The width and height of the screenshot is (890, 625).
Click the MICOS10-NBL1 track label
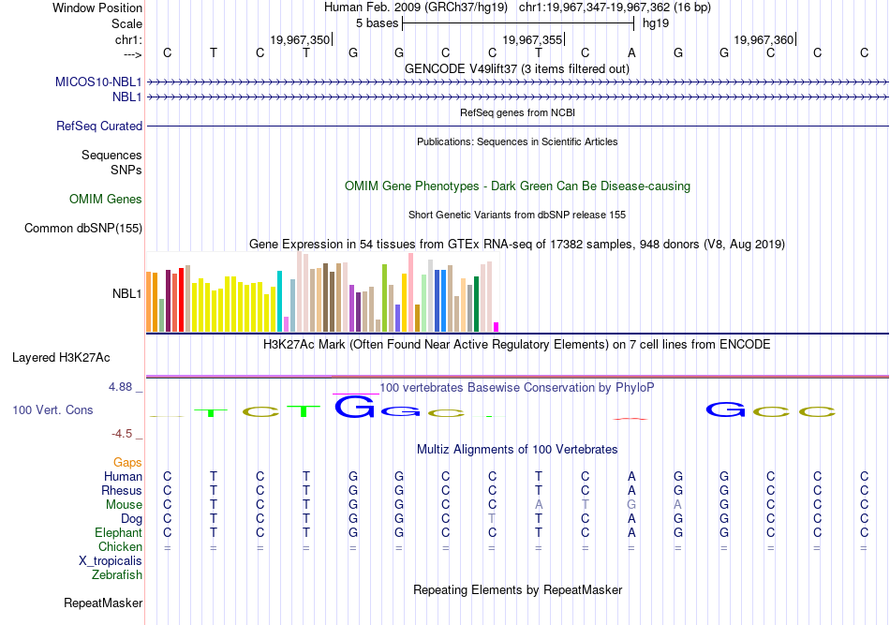click(98, 82)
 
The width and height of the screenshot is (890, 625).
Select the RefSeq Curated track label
click(99, 126)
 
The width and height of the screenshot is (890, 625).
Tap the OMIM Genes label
click(106, 199)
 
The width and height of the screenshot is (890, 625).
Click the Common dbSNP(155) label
click(83, 228)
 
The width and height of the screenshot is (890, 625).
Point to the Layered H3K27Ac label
click(61, 357)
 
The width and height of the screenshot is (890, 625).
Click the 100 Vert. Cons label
click(52, 409)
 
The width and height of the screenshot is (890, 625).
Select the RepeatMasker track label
click(102, 603)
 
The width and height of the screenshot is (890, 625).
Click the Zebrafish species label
click(117, 574)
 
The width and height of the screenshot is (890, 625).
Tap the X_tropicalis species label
click(111, 560)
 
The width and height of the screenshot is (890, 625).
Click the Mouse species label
click(124, 504)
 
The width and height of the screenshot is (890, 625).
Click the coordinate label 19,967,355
click(532, 39)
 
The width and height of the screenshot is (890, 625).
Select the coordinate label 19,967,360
click(764, 39)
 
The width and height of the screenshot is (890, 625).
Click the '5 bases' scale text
click(378, 22)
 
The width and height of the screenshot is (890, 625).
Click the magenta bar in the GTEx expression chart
click(497, 326)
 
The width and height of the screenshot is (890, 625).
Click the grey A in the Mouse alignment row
click(539, 504)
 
